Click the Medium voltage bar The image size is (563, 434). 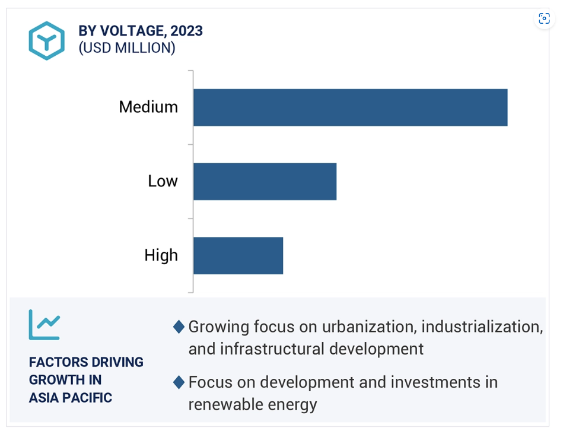(351, 107)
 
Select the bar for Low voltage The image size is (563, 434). (265, 182)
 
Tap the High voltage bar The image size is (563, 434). (238, 255)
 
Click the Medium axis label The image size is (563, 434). (148, 107)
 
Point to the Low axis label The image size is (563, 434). (163, 181)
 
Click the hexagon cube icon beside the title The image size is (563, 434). (47, 40)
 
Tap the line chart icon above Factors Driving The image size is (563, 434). (44, 325)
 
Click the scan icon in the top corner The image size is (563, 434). (545, 18)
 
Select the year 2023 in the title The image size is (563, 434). (186, 31)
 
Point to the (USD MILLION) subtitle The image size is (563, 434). (127, 47)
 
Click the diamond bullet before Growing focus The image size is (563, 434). (179, 327)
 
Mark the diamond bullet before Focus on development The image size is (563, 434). (179, 382)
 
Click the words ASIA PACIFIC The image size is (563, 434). (71, 398)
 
